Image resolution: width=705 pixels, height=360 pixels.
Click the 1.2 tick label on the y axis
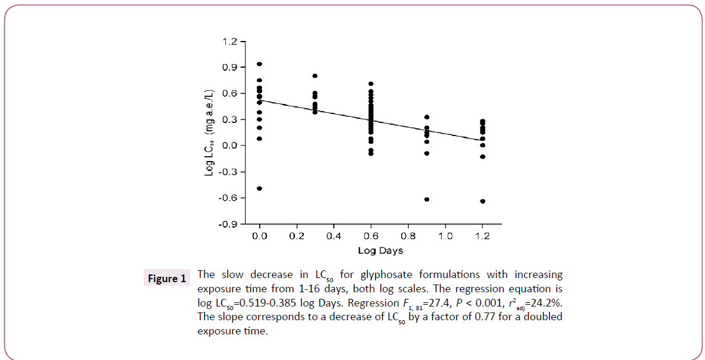point(231,42)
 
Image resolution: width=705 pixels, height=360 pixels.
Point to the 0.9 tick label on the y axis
point(231,68)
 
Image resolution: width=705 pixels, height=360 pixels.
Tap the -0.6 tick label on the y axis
point(229,198)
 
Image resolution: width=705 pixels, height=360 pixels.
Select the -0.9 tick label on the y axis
point(229,225)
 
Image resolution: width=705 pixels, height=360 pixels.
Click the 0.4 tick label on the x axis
point(333,236)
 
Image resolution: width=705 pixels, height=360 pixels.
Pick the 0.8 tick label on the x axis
point(408,236)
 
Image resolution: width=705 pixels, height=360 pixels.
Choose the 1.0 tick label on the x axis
point(445,236)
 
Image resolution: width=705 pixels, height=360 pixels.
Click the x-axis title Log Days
point(380,251)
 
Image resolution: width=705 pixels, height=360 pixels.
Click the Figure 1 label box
point(166,279)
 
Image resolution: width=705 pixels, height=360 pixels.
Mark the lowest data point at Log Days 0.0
point(260,188)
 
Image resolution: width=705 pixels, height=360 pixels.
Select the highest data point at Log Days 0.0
point(260,64)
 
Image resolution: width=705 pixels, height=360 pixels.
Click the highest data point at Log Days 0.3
point(315,76)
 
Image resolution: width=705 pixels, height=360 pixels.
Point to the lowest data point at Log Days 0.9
point(427,199)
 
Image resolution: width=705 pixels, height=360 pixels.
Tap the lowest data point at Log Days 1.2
point(483,201)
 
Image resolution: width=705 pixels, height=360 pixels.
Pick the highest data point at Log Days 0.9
point(427,117)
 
